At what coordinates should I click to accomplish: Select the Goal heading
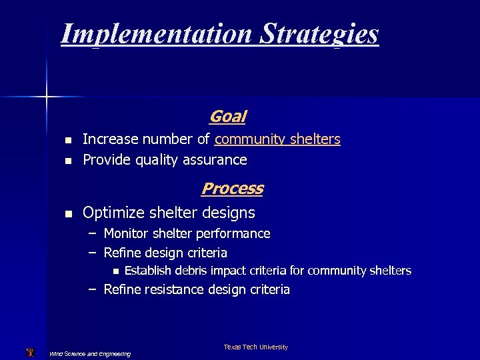pyautogui.click(x=227, y=117)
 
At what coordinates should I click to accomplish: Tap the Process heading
pyautogui.click(x=232, y=189)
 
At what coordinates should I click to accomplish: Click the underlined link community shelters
pyautogui.click(x=277, y=139)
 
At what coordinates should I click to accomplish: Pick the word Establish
pyautogui.click(x=149, y=271)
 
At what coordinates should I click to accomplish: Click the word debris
pyautogui.click(x=197, y=271)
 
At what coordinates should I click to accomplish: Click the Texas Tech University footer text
pyautogui.click(x=256, y=347)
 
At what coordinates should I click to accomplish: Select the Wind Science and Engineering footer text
pyautogui.click(x=90, y=353)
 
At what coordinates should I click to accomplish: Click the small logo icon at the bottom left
pyautogui.click(x=29, y=352)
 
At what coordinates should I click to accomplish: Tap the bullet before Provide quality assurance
pyautogui.click(x=67, y=161)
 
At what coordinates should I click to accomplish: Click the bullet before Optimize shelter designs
pyautogui.click(x=67, y=214)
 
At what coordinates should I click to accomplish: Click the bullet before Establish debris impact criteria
pyautogui.click(x=115, y=271)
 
